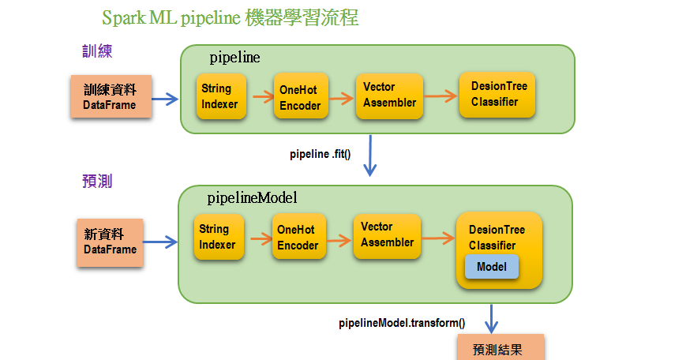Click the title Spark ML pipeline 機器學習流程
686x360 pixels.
click(x=230, y=17)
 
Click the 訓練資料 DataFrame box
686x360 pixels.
click(x=110, y=97)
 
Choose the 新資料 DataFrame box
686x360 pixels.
click(x=110, y=241)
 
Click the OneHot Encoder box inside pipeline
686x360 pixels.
click(x=300, y=97)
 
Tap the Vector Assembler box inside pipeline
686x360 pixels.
click(x=388, y=95)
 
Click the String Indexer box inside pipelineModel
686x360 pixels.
click(x=218, y=237)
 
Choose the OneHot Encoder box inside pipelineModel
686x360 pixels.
click(x=298, y=238)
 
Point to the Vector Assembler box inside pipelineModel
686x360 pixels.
click(x=387, y=235)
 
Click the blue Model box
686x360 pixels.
click(x=491, y=267)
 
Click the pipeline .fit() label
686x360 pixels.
click(x=320, y=153)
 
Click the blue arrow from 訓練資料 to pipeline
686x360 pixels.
click(x=165, y=99)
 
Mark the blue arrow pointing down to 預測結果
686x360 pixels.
click(x=493, y=317)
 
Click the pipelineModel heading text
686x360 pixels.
click(x=252, y=197)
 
